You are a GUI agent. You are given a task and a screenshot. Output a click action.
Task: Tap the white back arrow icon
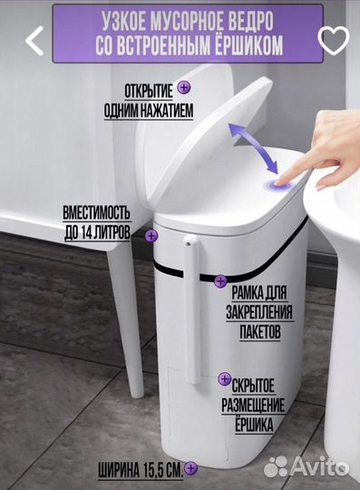point(34,41)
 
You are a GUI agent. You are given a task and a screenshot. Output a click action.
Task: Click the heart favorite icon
point(334,40)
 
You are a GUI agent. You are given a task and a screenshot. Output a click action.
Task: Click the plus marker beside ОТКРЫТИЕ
point(184,87)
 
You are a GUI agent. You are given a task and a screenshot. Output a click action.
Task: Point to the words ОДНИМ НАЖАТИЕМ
point(149,111)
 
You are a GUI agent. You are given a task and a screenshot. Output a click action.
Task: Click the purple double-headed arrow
point(253,148)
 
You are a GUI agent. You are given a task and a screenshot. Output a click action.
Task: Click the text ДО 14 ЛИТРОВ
point(97,232)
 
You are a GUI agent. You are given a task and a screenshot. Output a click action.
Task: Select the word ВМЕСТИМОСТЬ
point(96,213)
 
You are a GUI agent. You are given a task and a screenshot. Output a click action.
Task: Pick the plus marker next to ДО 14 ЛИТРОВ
point(151,235)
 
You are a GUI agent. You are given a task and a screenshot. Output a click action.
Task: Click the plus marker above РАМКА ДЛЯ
point(220,281)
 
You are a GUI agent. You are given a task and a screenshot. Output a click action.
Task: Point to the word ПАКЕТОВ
point(259,332)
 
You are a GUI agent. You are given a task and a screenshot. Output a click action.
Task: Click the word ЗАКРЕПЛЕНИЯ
point(259,312)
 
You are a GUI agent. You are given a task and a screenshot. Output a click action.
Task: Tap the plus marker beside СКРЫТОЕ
point(225,378)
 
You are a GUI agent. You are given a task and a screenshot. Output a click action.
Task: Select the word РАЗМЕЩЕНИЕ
point(253,405)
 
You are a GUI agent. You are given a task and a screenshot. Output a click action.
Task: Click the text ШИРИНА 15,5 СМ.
point(141,470)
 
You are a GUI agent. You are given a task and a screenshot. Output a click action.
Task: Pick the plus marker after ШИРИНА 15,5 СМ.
point(190,468)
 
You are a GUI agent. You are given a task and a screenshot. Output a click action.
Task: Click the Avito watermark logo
point(306,467)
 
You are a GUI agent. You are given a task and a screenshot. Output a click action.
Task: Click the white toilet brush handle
point(192,309)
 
